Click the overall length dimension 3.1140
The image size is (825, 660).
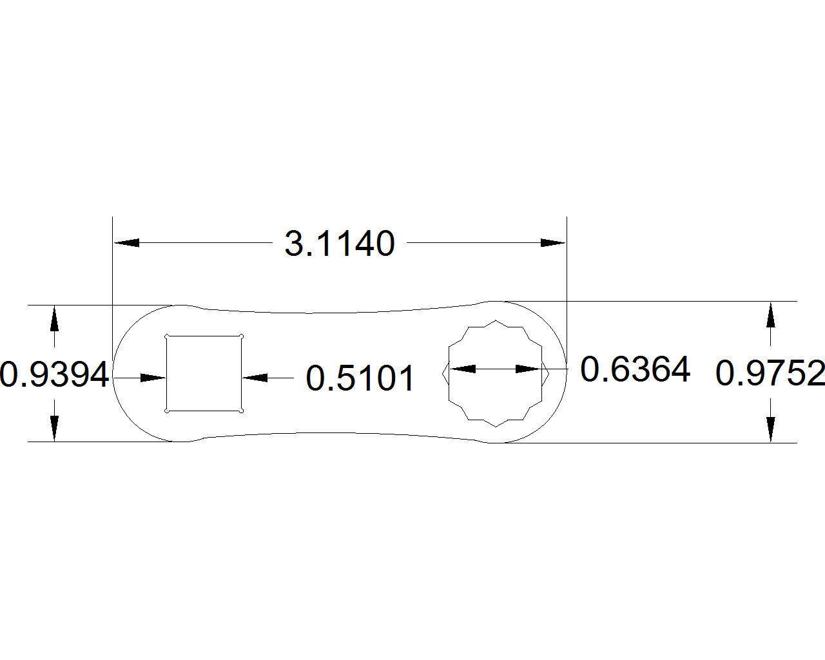[340, 244]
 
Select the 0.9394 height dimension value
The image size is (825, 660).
[54, 375]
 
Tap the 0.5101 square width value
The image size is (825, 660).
[360, 378]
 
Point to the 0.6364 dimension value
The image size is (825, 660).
[635, 370]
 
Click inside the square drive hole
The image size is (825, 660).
[204, 373]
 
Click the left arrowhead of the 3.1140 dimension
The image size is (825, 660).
[127, 243]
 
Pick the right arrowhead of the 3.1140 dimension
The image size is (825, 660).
[552, 243]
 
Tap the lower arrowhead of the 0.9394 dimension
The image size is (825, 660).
[54, 429]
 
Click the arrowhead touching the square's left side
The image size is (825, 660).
[153, 378]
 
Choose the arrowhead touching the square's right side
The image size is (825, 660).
[255, 378]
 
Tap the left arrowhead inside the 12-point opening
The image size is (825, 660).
[462, 369]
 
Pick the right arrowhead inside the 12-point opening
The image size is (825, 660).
[529, 369]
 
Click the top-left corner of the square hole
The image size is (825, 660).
[167, 336]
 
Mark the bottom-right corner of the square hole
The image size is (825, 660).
[241, 411]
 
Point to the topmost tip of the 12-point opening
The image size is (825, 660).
[496, 320]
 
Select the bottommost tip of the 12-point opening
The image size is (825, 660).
[496, 426]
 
